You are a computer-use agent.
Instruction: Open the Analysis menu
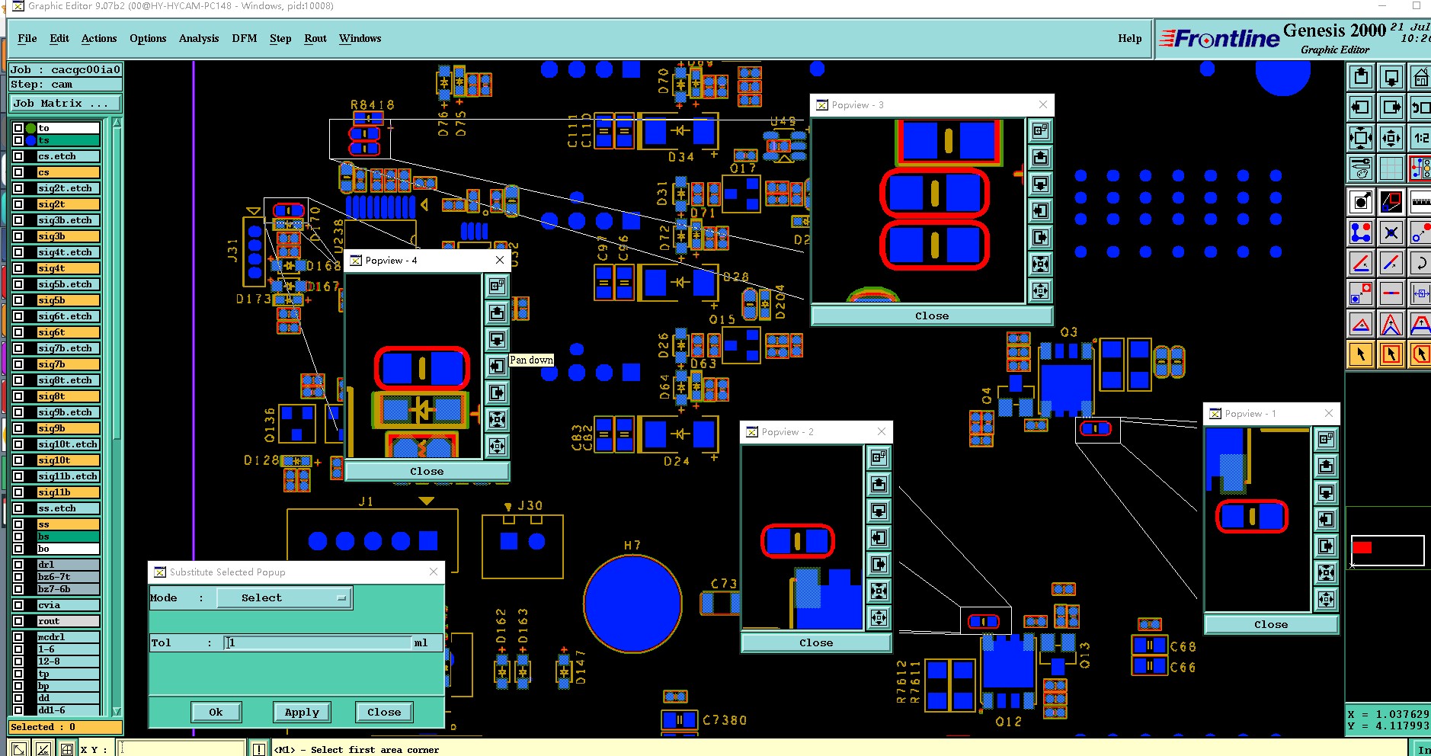(198, 39)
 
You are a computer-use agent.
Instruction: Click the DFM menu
(244, 39)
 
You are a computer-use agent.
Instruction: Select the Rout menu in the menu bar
(315, 39)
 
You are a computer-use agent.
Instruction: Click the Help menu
(1129, 39)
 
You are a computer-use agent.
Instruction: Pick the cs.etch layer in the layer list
(68, 156)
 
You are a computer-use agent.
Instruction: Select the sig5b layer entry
(68, 300)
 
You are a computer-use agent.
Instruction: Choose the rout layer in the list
(68, 621)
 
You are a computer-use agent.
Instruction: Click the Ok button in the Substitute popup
(216, 712)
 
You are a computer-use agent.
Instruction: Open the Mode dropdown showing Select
(284, 598)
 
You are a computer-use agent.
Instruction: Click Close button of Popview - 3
(931, 316)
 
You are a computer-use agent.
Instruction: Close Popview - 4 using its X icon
(500, 260)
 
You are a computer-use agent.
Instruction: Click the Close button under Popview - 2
(815, 642)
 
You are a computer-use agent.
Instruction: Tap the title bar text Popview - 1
(1250, 413)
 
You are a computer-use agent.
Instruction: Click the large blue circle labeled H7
(632, 604)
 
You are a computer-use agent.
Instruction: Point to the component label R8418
(372, 104)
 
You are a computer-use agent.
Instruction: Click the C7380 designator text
(724, 720)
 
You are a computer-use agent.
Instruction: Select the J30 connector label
(530, 505)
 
